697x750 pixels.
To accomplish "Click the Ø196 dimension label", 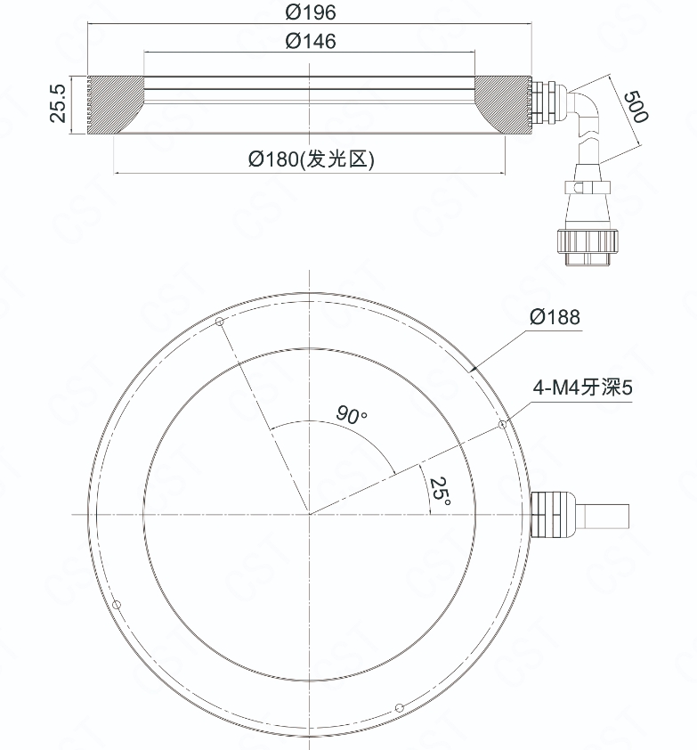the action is (x=311, y=12).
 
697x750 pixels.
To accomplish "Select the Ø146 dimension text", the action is (x=311, y=41).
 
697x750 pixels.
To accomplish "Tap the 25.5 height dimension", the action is (x=58, y=104).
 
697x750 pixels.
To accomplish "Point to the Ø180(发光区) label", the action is (x=312, y=159).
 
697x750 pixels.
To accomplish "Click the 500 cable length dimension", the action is (x=636, y=107).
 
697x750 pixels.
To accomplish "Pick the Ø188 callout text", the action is (x=555, y=316).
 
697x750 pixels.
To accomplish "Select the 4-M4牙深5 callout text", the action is (x=582, y=387).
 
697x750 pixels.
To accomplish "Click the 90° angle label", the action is (x=352, y=414).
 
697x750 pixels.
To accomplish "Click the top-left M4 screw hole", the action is (x=220, y=322).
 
